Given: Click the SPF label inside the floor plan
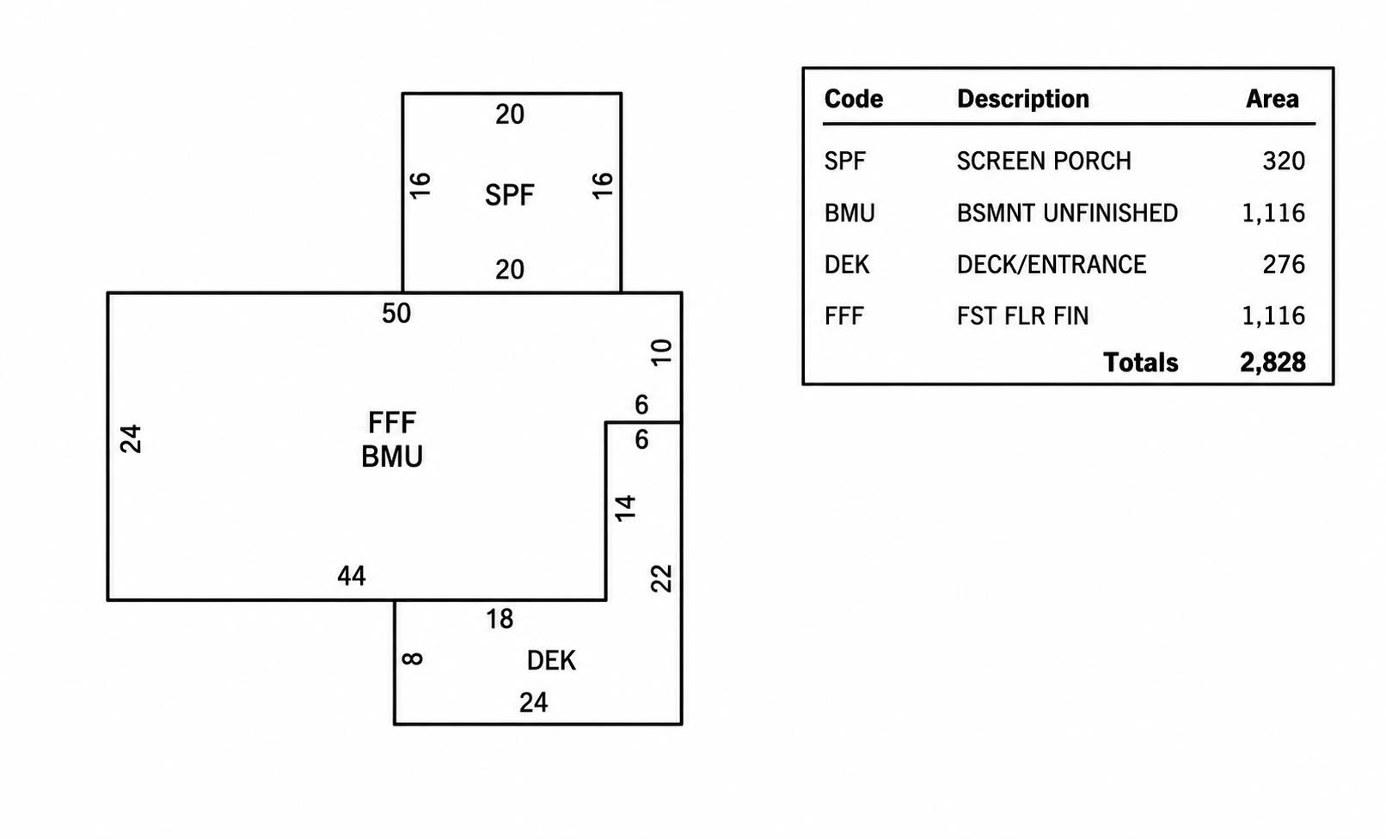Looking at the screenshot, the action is pos(509,195).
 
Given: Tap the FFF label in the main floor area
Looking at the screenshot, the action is pos(392,423).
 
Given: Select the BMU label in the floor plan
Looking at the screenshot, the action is pos(392,456).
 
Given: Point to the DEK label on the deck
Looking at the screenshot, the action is pos(551,661).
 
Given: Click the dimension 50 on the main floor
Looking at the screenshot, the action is pos(396,314).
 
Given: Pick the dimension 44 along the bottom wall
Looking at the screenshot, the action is pos(352,576).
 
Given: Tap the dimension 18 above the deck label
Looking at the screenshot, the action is pos(500,619).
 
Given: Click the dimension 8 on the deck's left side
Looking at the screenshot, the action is pos(412,658).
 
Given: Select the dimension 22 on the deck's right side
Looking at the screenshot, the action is pos(661,579).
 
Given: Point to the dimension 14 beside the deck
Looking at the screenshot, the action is pos(625,508).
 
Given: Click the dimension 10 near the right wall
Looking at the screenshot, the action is pos(661,352).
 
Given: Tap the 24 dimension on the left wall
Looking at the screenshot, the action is pos(131,439).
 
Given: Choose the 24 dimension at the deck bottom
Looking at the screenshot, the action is pos(533,703).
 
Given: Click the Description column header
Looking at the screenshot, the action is pos(1023,99).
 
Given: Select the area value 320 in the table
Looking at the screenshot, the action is pos(1284,162).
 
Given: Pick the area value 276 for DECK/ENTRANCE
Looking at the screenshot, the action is pos(1284,265).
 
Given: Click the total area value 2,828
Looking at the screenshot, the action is pos(1273,363).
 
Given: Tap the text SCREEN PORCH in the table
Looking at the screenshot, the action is pos(1044,162).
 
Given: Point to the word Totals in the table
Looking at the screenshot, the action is pos(1140,363).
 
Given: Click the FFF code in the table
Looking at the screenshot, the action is pos(844,316).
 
